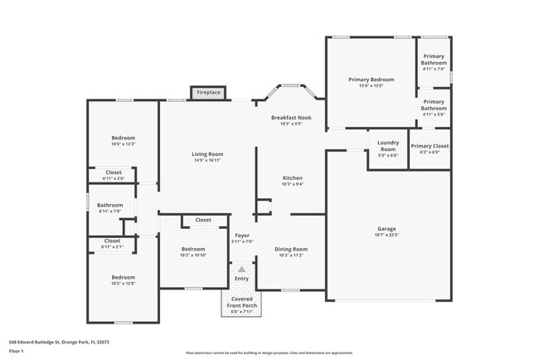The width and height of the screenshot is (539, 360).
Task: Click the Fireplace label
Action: coord(208,92)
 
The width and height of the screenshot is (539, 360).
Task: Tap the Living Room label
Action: coord(207,153)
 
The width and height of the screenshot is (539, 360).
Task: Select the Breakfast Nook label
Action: coord(291,118)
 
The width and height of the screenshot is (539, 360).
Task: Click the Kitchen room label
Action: coord(292,178)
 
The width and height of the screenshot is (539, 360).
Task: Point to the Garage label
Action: coord(387,228)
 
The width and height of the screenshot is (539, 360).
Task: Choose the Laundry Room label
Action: coord(388,145)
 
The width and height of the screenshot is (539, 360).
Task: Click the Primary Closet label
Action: coord(430,146)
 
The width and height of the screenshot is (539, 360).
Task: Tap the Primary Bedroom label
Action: coord(371,80)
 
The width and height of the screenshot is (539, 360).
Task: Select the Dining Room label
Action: coord(291,249)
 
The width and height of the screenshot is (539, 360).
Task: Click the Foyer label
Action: coord(242,236)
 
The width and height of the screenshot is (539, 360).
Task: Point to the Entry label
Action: coord(241,279)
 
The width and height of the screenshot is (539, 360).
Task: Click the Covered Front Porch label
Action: coord(242,301)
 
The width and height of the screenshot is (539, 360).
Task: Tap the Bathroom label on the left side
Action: coord(109,205)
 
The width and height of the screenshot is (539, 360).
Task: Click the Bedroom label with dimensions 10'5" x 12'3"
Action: coord(123,138)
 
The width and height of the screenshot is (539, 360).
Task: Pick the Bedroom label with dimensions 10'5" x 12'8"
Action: coord(123,277)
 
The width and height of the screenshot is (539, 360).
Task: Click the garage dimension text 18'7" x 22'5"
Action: coord(387,235)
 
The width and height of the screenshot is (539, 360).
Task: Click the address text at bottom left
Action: coord(59,341)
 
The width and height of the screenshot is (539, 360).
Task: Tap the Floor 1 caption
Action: coord(17,351)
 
